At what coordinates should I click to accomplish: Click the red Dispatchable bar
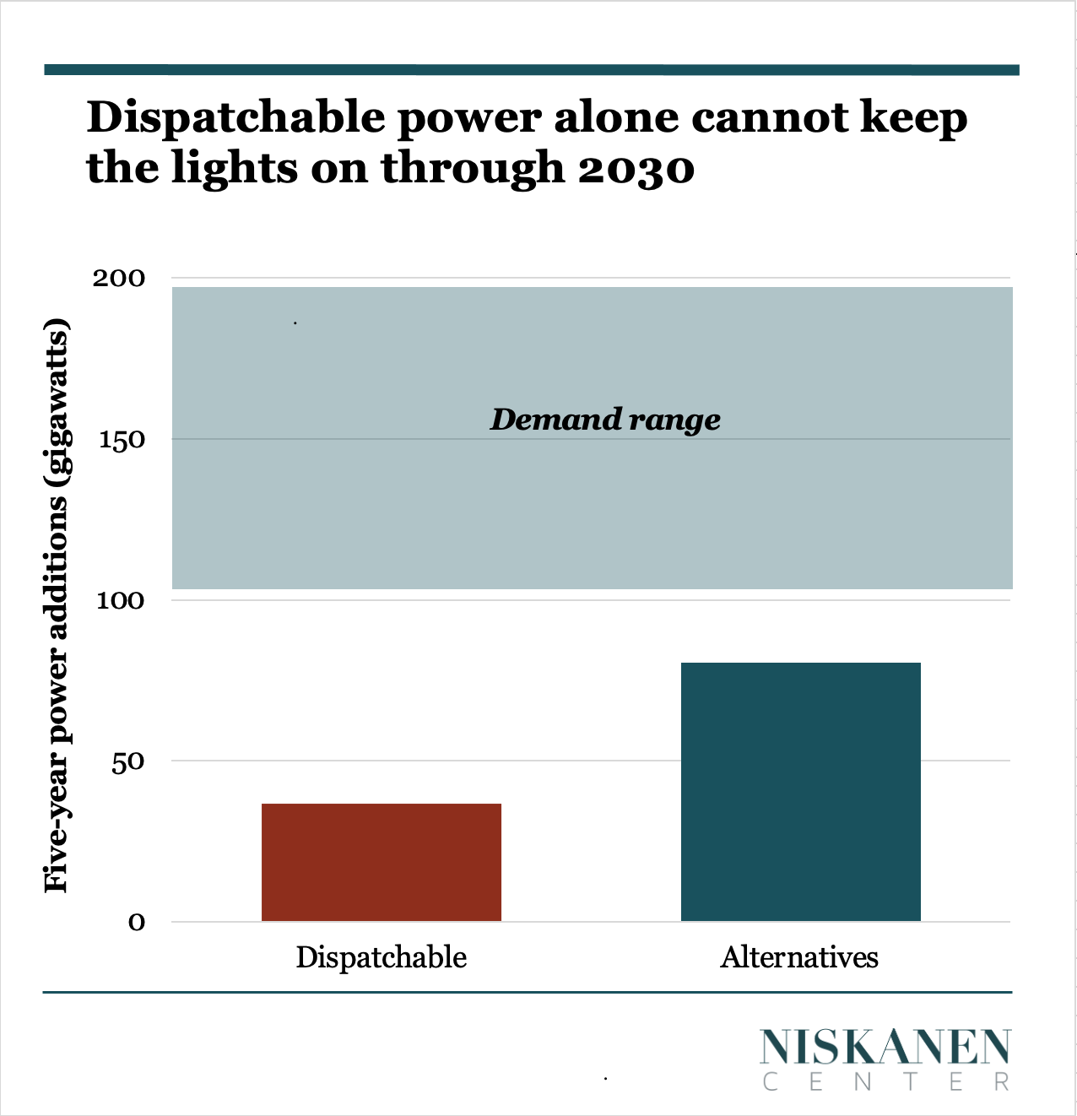coord(382,862)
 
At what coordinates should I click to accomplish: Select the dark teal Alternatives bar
coord(800,792)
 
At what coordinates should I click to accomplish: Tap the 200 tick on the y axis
coord(119,279)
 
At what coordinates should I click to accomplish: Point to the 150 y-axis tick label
coord(119,440)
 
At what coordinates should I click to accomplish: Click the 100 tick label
coord(119,601)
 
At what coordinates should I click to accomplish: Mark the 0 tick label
coord(137,923)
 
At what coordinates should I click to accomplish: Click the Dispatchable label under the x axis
coord(382,957)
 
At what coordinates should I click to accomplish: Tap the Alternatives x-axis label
coord(799,957)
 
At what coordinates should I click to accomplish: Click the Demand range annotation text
coord(605,420)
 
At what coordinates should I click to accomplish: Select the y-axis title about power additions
coord(56,605)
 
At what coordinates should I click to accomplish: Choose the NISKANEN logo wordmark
coord(885,1048)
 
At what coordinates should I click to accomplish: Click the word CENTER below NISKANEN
coord(885,1082)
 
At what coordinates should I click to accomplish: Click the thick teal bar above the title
coord(531,70)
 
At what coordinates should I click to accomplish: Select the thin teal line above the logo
coord(527,993)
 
